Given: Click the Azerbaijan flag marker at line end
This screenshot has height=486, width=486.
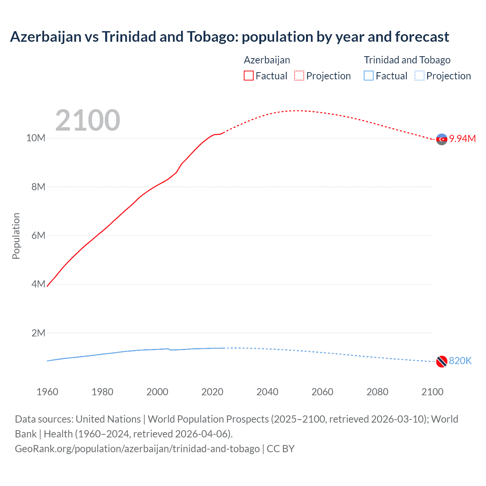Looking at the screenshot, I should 442,139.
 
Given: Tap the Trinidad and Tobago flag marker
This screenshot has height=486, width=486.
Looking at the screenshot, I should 442,361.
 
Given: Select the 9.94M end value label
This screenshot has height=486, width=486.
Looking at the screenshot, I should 462,139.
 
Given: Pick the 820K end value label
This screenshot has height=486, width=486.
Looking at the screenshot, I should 460,361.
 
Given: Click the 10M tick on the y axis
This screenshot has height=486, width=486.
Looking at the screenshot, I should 36,138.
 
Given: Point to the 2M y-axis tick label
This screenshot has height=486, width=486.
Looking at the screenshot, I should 38,333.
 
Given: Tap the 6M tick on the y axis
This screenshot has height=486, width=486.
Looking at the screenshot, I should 38,235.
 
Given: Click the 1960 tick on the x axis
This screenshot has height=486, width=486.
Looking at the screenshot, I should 47,392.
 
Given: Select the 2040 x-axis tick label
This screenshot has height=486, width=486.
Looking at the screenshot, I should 267,392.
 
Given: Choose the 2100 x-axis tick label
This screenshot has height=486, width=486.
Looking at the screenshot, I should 432,392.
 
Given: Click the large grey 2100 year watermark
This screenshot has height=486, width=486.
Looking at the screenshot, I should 88,120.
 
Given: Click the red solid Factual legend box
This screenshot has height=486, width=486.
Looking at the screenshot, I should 248,76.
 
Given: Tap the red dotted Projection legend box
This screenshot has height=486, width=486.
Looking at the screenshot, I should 299,76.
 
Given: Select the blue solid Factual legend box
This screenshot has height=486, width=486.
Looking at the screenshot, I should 369,76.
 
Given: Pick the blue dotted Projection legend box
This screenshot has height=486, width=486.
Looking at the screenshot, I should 420,76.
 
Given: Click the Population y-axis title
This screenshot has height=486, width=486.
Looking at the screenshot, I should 16,236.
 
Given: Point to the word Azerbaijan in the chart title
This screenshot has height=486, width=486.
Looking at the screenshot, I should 46,37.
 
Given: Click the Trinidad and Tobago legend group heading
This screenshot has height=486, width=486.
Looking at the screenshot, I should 407,60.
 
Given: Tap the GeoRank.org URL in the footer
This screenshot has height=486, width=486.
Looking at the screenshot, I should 137,448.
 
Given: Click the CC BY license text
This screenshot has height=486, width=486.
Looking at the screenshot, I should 281,448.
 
